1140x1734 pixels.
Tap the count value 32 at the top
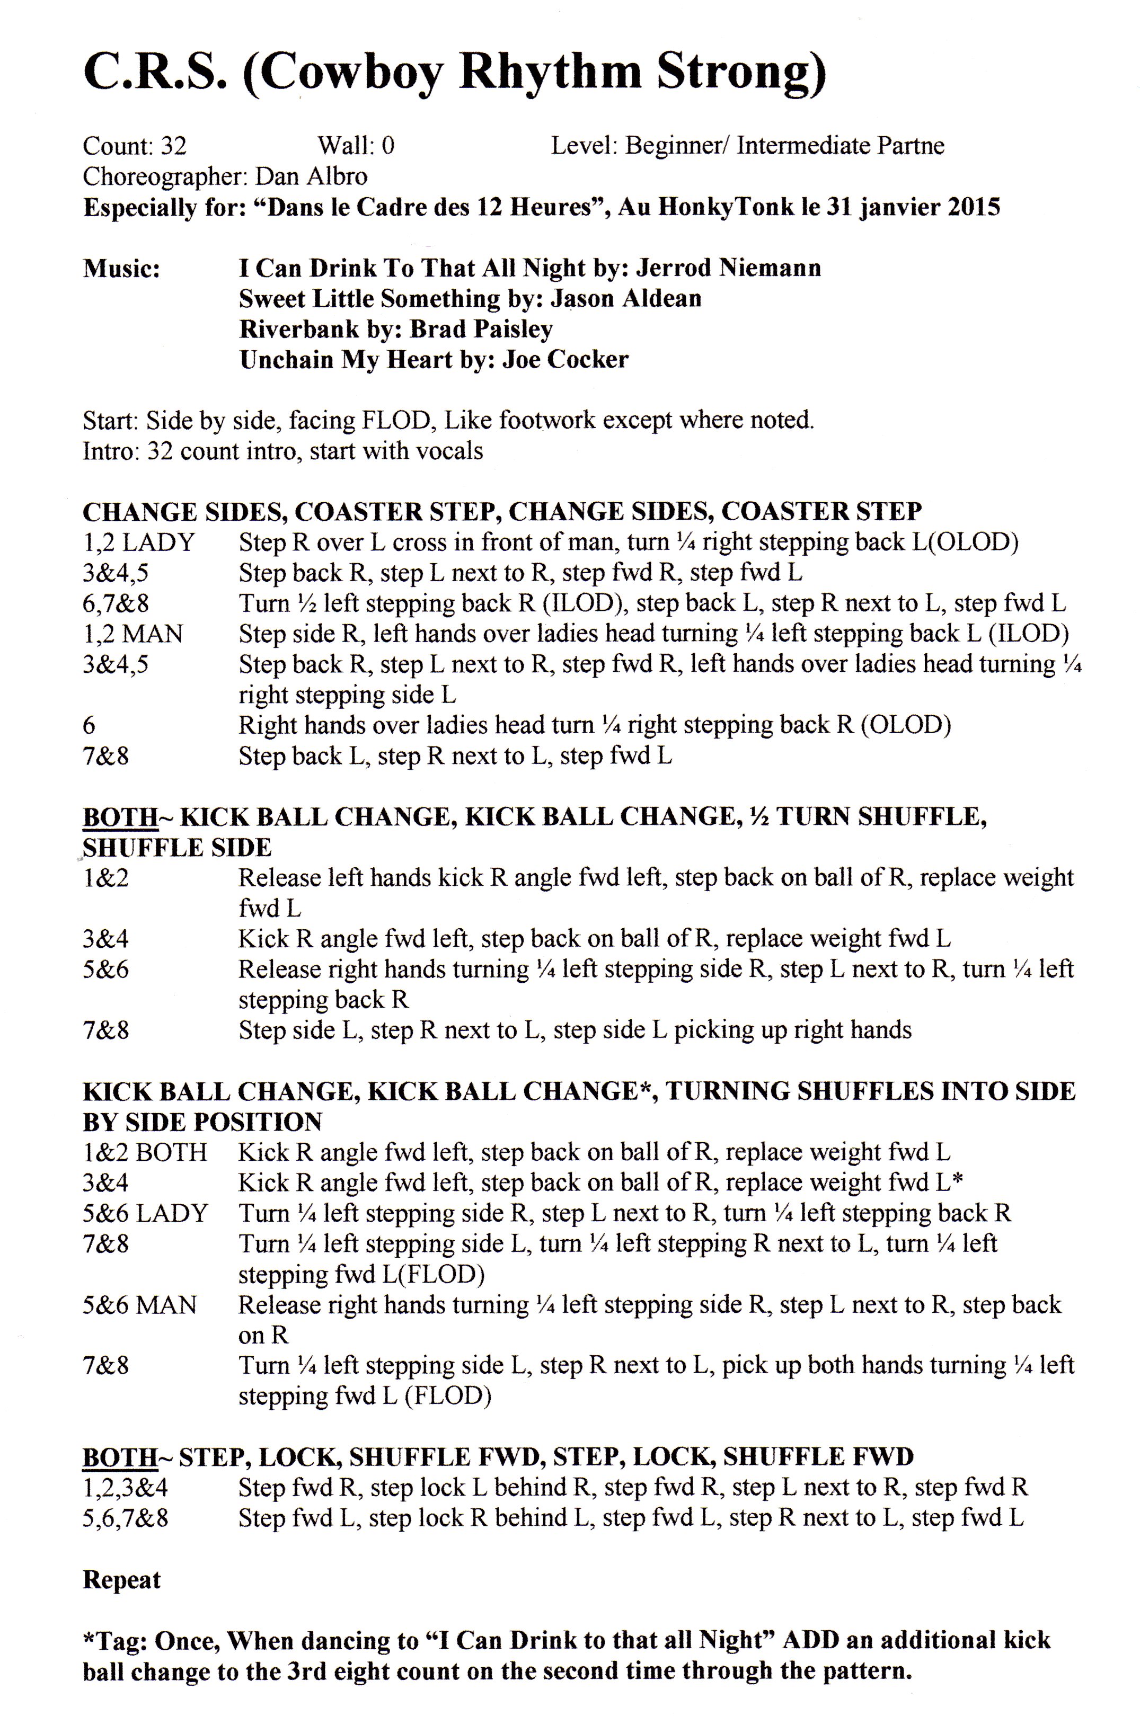click(x=173, y=146)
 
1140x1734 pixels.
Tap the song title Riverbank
click(x=299, y=330)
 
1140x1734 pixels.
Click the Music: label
click(x=121, y=268)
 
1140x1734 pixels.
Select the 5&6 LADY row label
click(x=145, y=1214)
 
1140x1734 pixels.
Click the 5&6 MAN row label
click(x=139, y=1305)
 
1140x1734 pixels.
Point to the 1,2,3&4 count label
click(x=126, y=1488)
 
